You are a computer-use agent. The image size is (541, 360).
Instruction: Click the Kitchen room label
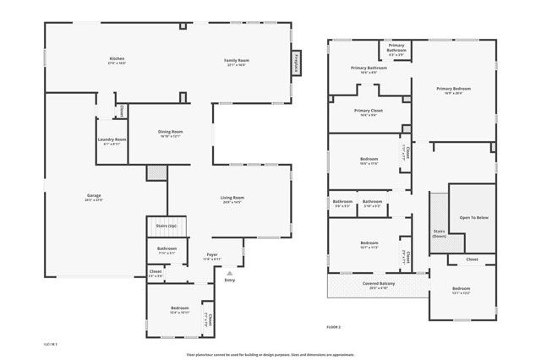pos(117,59)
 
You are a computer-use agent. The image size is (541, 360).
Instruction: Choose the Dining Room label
pos(171,133)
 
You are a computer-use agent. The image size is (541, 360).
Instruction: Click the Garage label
pos(93,196)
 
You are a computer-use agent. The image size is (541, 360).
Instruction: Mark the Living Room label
pos(232,199)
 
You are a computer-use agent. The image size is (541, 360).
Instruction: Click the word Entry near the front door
pos(229,280)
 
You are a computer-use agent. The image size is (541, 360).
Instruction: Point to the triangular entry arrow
pos(229,272)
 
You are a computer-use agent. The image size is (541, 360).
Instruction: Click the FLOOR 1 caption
pos(51,345)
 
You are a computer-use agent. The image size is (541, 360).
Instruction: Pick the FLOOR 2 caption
pos(333,326)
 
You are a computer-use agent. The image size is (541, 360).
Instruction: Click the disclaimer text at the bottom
pos(270,354)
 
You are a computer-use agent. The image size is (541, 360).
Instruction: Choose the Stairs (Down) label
pos(440,232)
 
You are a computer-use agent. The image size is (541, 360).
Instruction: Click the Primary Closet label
pos(369,112)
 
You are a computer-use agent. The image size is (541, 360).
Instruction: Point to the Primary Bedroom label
pos(453,90)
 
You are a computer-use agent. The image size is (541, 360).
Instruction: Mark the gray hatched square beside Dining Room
pos(157,172)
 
